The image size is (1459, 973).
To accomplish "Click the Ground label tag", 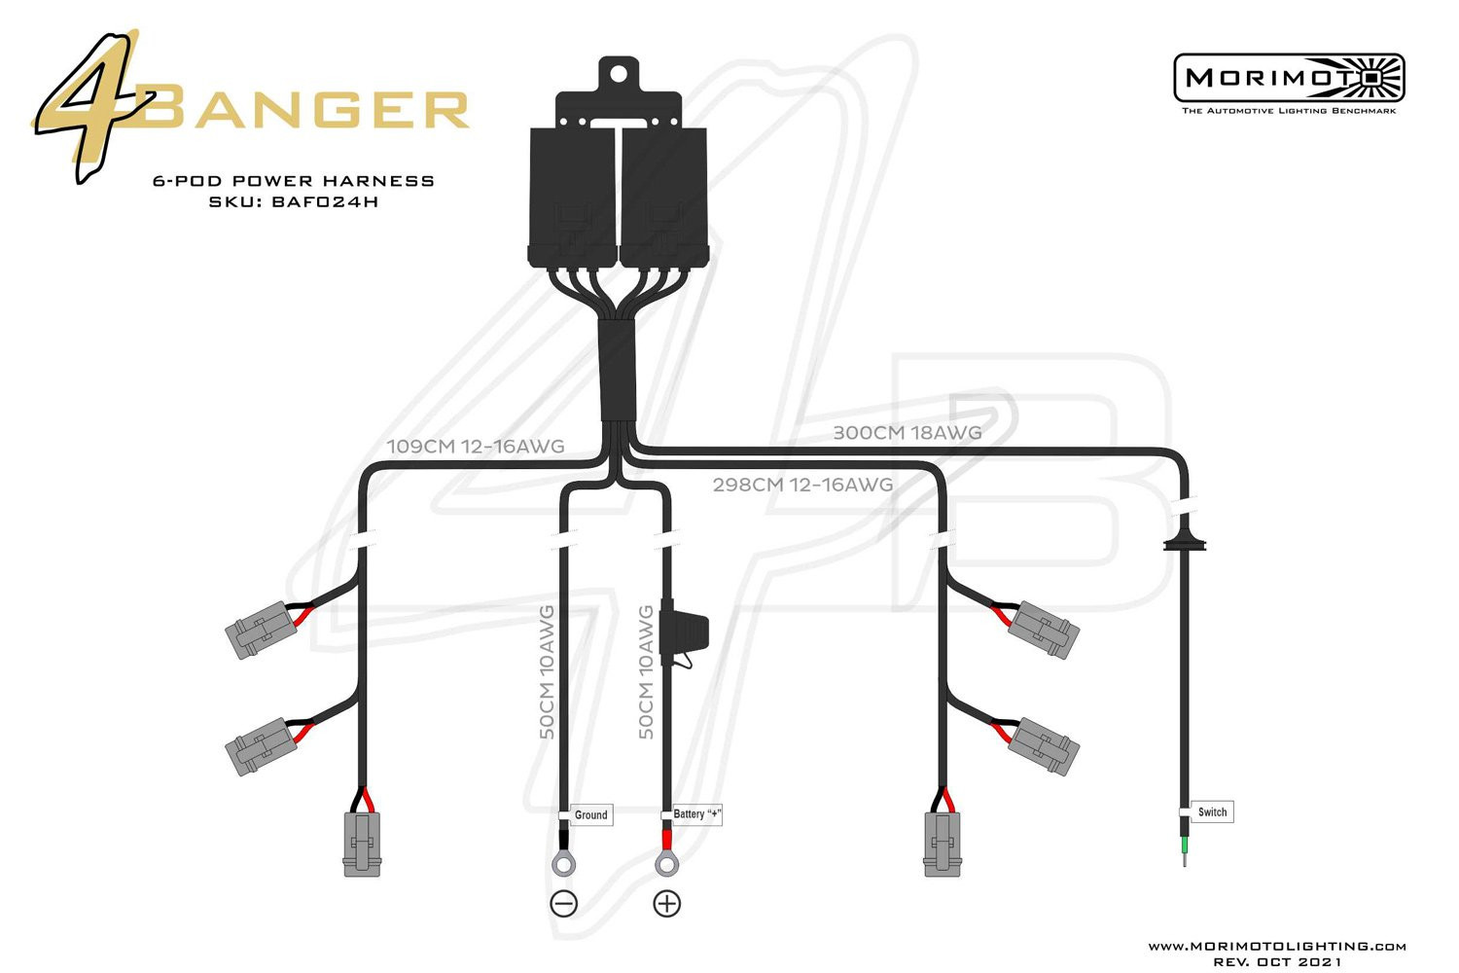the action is (x=591, y=814).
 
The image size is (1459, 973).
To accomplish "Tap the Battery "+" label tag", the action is (x=696, y=814).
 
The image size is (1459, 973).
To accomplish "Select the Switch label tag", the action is (x=1212, y=812).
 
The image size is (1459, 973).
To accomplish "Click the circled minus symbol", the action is (x=564, y=904).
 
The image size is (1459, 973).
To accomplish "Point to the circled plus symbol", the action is (x=667, y=904).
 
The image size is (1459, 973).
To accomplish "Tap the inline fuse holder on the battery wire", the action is (x=683, y=633).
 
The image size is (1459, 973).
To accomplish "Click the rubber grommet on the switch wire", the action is (x=1185, y=544).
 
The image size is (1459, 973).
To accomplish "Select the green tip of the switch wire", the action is (x=1185, y=847).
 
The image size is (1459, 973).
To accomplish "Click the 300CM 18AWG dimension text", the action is (x=907, y=433).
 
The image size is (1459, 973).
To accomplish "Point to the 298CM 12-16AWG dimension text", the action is (x=803, y=485).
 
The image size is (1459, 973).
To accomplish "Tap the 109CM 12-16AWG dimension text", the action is (x=476, y=447).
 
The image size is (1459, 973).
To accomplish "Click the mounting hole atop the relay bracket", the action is (x=618, y=74).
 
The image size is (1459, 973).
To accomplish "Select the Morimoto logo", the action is (x=1289, y=84).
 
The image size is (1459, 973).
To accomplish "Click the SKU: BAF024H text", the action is (x=294, y=202).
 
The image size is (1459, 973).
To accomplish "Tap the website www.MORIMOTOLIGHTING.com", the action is (x=1276, y=947).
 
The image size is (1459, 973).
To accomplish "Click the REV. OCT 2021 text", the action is (x=1277, y=962).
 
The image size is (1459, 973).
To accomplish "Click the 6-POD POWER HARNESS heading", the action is (x=294, y=181).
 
